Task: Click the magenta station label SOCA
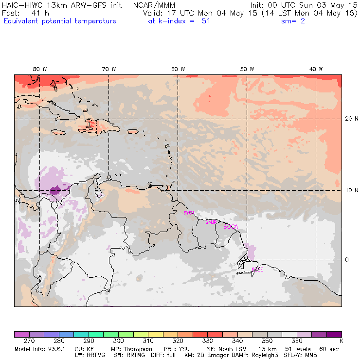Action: [x=231, y=227]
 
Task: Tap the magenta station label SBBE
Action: [x=257, y=270]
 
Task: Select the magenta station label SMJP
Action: [x=211, y=222]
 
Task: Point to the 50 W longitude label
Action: [x=247, y=69]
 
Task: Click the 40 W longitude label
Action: [x=316, y=69]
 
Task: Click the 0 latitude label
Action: [x=347, y=260]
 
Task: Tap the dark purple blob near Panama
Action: [x=55, y=190]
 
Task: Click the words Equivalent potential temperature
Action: [x=60, y=21]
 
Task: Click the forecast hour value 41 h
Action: [x=36, y=13]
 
